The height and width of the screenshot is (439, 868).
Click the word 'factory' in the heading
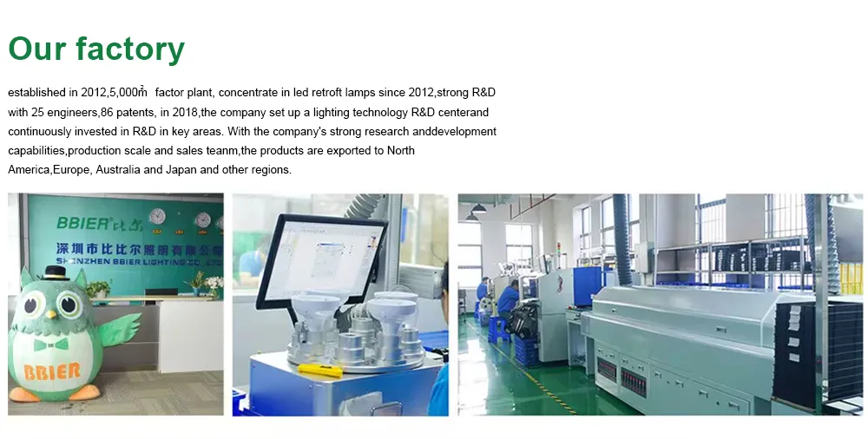(x=129, y=49)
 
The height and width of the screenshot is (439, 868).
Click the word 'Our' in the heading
(x=36, y=49)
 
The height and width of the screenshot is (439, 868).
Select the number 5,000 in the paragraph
(x=128, y=92)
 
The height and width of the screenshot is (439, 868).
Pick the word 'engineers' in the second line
(x=75, y=112)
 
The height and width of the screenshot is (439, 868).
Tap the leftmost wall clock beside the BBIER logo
(x=157, y=217)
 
